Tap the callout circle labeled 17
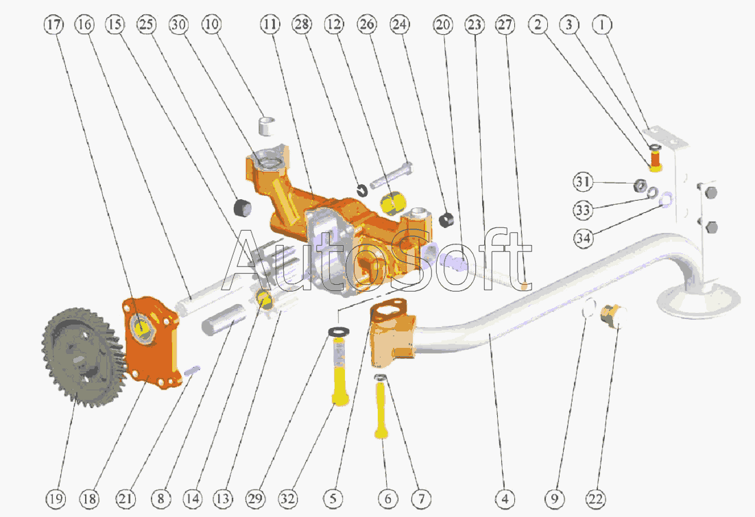pos(54,25)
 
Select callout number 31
pos(584,182)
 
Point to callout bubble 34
pos(584,237)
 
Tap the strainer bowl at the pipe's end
pos(699,298)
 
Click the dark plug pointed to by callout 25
pos(243,207)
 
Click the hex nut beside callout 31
pos(638,185)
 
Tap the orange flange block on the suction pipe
pos(392,336)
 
